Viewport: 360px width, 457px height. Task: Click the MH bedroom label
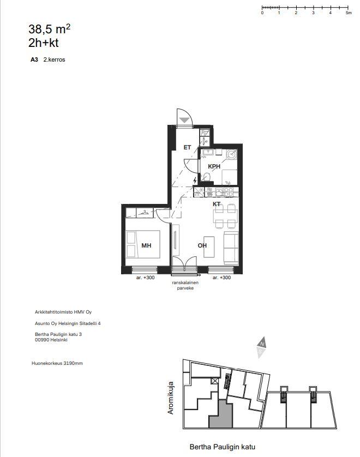click(146, 245)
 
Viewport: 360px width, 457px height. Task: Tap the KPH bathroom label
click(214, 166)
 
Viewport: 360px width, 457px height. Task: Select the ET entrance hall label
click(187, 147)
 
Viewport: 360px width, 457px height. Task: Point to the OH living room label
click(202, 245)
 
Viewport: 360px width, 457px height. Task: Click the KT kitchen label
click(217, 204)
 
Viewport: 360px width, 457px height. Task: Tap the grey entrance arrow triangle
click(184, 120)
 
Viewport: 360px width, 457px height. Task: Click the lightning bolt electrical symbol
click(195, 181)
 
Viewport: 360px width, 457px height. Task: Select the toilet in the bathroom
click(206, 177)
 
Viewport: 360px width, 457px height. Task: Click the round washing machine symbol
click(232, 154)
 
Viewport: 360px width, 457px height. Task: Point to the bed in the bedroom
click(142, 244)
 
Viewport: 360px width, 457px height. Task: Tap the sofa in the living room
click(231, 248)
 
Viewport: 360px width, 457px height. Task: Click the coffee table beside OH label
click(209, 247)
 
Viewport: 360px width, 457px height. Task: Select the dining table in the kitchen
click(225, 216)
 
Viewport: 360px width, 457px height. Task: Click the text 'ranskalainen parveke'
click(185, 285)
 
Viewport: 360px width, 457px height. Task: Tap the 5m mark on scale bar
click(349, 13)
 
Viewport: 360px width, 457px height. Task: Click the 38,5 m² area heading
click(49, 29)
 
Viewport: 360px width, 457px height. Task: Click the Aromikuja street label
click(171, 398)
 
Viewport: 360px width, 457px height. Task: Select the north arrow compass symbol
click(261, 347)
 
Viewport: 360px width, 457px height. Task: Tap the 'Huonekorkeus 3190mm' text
click(57, 363)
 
